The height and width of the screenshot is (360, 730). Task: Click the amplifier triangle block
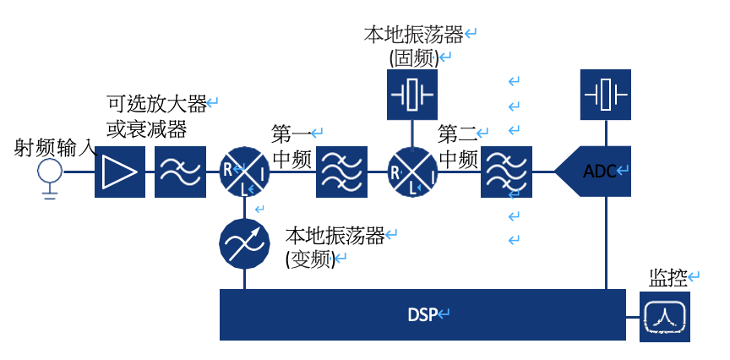(120, 172)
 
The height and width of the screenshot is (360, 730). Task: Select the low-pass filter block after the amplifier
(180, 172)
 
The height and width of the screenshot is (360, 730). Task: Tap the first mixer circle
(244, 172)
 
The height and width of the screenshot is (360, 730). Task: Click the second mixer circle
(412, 172)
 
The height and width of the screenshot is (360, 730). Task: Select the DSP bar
(422, 315)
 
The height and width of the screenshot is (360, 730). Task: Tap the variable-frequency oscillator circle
(244, 244)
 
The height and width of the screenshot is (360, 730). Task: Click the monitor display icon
(665, 317)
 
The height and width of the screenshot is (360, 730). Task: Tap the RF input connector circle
(50, 172)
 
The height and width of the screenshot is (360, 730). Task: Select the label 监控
(667, 278)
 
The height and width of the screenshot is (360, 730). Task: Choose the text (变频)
(311, 259)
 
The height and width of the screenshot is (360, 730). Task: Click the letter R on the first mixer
(229, 168)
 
